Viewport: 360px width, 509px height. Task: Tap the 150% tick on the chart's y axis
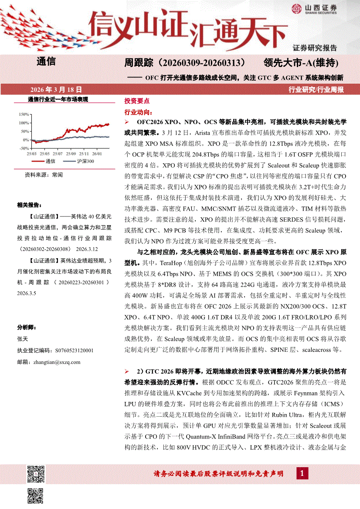(x=23, y=115)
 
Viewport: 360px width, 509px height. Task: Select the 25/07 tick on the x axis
(x=58, y=153)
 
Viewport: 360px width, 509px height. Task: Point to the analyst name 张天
(x=22, y=338)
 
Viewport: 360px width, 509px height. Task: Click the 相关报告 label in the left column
(x=28, y=205)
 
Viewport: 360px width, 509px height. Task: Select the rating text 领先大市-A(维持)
(x=302, y=63)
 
